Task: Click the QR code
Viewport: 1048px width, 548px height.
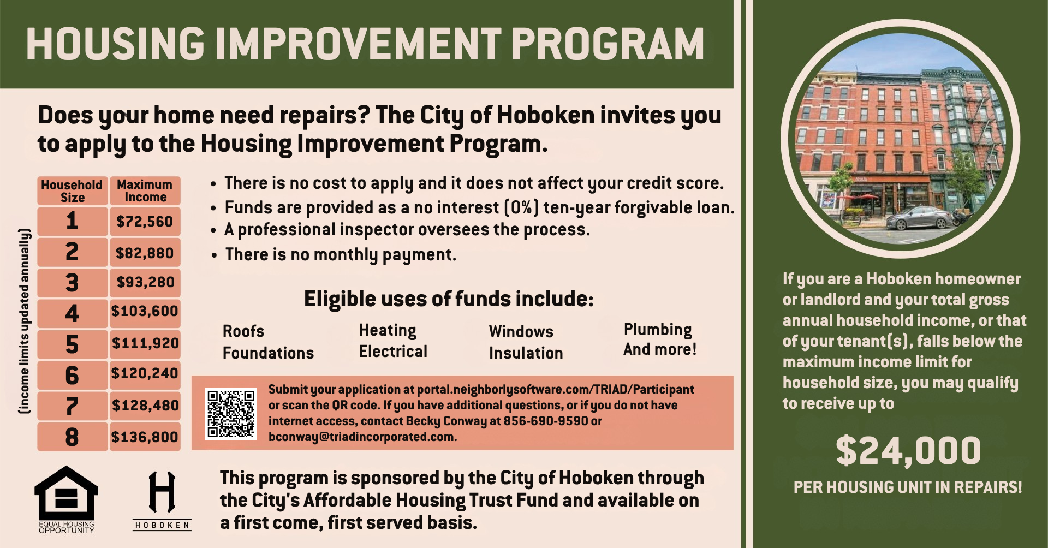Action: (x=231, y=413)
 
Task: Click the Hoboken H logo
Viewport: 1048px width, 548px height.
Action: (x=162, y=501)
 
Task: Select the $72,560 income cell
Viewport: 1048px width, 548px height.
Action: (x=145, y=221)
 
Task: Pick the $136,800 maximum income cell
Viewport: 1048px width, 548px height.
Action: (x=145, y=437)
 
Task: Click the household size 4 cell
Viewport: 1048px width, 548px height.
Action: (x=72, y=313)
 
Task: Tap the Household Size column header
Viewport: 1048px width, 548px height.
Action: (x=72, y=190)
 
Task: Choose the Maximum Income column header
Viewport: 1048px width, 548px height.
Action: (x=145, y=190)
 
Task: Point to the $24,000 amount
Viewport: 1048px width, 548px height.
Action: (x=908, y=451)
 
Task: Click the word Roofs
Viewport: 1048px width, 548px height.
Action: (x=243, y=331)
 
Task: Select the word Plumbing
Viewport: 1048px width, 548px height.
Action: (x=658, y=330)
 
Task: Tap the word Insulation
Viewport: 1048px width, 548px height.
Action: (x=526, y=353)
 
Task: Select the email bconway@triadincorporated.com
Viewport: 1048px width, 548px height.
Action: (x=362, y=437)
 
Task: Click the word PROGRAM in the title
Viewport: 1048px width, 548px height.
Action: (x=608, y=44)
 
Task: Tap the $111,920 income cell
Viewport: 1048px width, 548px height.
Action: (x=145, y=343)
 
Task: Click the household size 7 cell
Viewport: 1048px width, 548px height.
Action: (x=72, y=406)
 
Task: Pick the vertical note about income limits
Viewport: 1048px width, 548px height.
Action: (x=25, y=320)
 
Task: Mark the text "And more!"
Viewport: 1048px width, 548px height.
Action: (x=660, y=349)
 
